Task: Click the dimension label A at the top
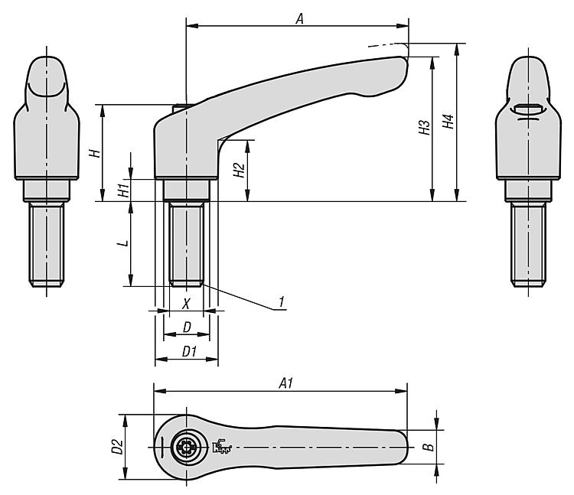point(300,18)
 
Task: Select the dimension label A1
point(286,383)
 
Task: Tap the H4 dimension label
point(448,122)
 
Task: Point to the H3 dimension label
point(424,127)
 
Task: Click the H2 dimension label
point(239,170)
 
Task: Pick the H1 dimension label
point(124,191)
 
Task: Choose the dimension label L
point(125,243)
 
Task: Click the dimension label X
point(186,303)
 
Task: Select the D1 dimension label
point(189,352)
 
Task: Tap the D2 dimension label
point(117,447)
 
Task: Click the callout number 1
point(281,302)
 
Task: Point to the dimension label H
point(95,153)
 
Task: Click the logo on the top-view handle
point(222,446)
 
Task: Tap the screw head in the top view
point(186,447)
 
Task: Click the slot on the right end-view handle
point(528,109)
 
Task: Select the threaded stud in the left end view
point(47,245)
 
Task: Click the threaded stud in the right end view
point(528,245)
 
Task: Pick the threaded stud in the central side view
point(186,244)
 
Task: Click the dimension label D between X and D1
point(187,327)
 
